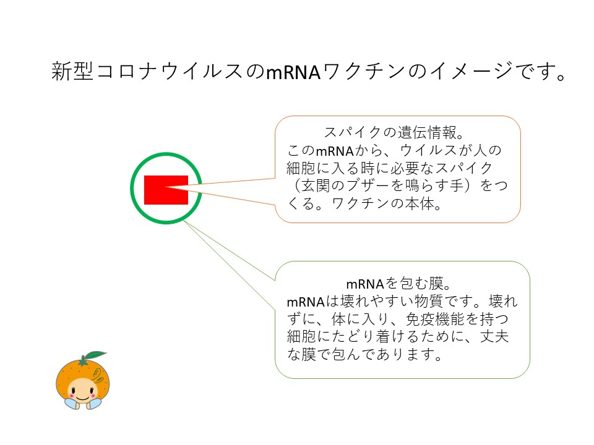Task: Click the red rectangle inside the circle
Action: [166, 190]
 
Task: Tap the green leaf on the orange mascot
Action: [95, 355]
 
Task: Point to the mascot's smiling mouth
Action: [82, 398]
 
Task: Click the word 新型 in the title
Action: [72, 71]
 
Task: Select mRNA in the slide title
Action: [293, 72]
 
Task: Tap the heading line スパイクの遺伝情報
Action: [394, 132]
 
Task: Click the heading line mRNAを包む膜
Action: [398, 284]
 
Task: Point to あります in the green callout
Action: [405, 355]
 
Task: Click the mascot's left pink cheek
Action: [70, 396]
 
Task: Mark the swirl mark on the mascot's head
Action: [97, 375]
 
